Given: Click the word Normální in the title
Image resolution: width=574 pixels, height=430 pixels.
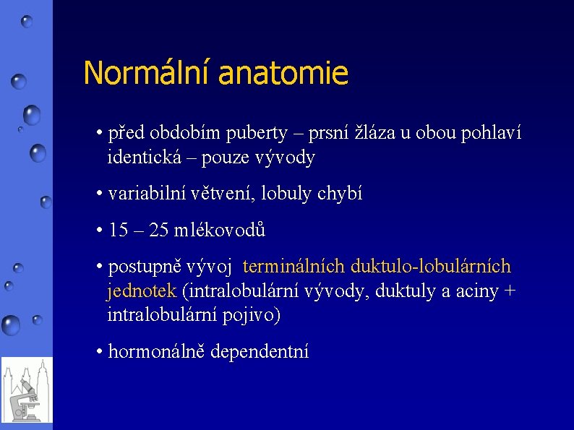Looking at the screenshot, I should pos(146,73).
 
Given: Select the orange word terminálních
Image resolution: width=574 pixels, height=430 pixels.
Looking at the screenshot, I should pos(294,267).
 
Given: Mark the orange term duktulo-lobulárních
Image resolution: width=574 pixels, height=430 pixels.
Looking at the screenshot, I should pos(431,267).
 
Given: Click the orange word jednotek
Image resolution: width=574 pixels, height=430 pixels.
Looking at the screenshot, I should pos(142,291).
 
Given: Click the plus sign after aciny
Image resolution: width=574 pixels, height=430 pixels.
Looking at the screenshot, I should pos(510,292).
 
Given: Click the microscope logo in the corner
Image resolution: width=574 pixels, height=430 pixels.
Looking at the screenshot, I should pos(26,390).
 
